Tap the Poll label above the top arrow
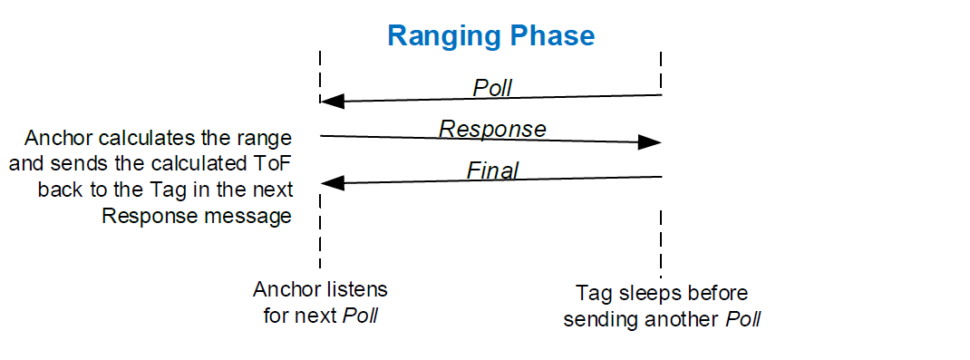492,88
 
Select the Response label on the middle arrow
492,129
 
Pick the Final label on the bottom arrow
492,170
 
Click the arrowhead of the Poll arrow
332,101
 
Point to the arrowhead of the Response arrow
650,142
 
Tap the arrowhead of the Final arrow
332,182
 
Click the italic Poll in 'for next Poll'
360,316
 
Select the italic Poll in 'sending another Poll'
742,320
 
